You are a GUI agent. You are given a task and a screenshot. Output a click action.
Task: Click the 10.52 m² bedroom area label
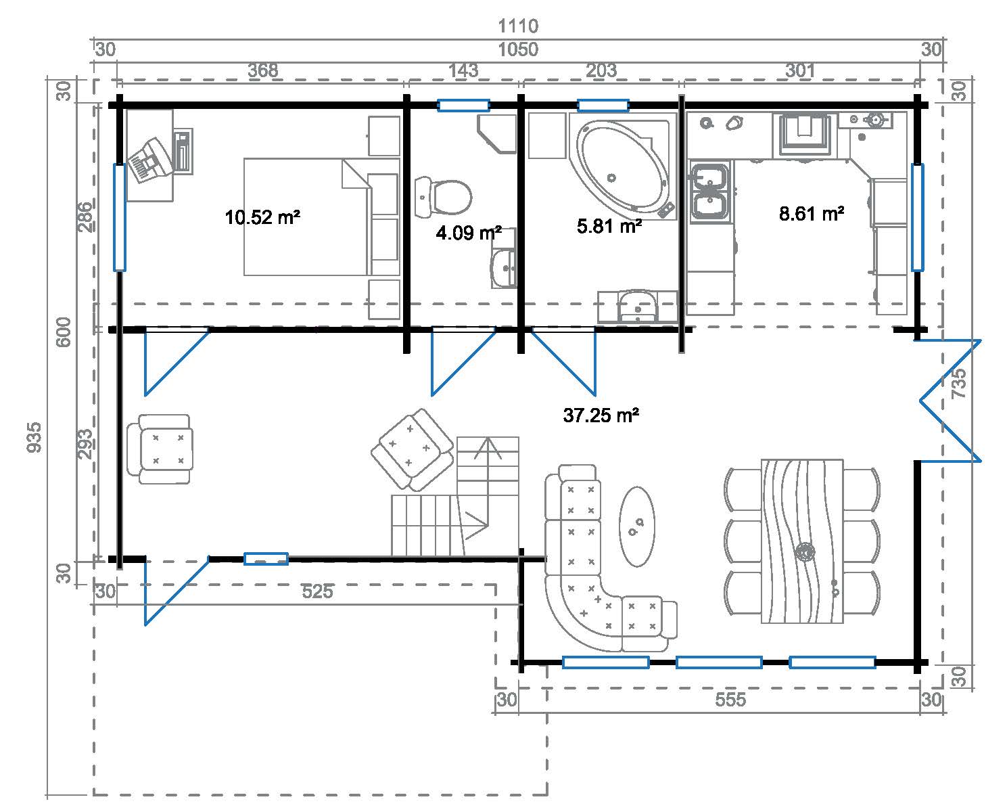[x=262, y=217]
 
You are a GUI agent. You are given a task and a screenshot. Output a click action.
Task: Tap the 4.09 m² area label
[x=469, y=233]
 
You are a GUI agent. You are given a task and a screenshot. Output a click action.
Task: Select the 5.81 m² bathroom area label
[x=609, y=226]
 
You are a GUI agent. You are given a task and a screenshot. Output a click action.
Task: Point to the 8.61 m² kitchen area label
[x=812, y=214]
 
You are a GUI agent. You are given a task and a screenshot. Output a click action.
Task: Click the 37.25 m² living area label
[x=601, y=415]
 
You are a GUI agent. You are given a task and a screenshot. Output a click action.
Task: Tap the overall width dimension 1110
[x=518, y=26]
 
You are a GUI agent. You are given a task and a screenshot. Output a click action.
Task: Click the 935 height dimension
[x=34, y=437]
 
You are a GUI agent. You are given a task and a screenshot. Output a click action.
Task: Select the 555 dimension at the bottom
[x=730, y=700]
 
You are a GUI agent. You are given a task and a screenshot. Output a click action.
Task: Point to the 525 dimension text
[x=318, y=592]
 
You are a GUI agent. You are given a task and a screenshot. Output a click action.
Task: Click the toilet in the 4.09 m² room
[x=443, y=197]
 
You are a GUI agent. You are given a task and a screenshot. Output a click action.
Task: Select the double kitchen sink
[x=710, y=193]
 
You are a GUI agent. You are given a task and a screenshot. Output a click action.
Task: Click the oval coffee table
[x=636, y=526]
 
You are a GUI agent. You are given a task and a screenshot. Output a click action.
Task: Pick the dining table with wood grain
[x=802, y=541]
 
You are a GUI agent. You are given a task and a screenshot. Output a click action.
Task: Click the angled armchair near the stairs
[x=413, y=449]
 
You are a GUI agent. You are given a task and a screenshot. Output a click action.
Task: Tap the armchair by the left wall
[x=160, y=449]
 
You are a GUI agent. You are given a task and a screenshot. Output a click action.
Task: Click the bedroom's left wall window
[x=120, y=217]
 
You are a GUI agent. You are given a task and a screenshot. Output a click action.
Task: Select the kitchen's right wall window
[x=917, y=217]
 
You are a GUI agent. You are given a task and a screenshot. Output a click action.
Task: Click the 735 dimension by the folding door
[x=958, y=383]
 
